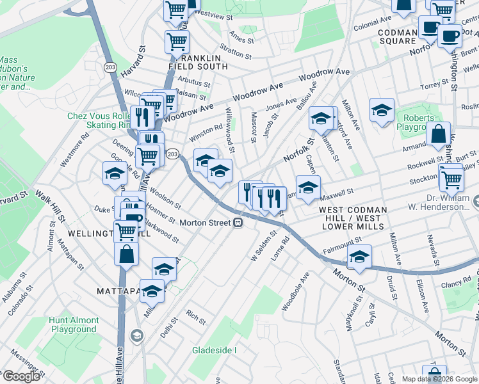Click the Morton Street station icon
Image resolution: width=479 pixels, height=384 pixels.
(x=238, y=223)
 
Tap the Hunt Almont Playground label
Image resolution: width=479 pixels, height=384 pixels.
(x=74, y=324)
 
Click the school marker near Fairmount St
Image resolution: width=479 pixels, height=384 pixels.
(x=359, y=255)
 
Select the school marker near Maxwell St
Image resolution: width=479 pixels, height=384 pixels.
(x=308, y=186)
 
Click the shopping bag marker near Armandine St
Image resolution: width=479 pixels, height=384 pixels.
(x=439, y=134)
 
